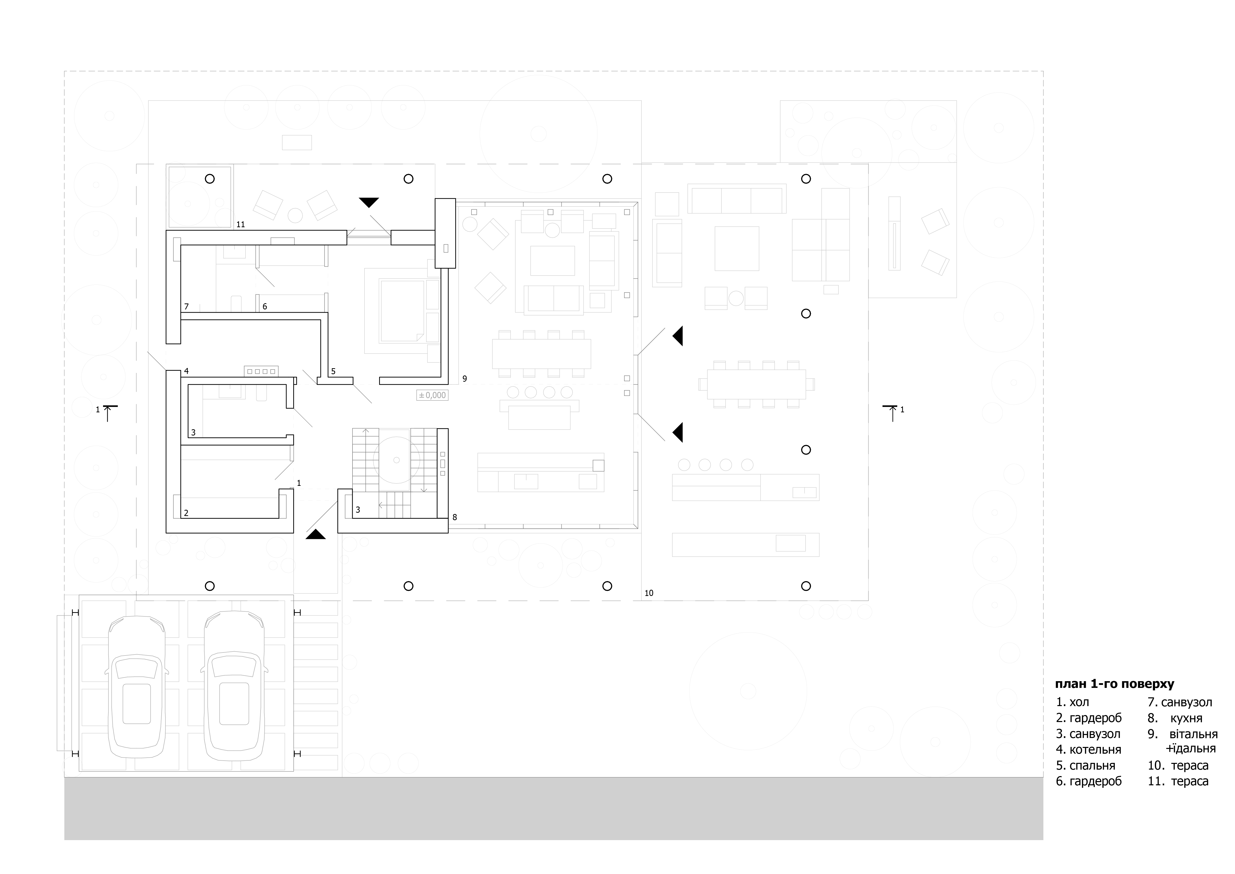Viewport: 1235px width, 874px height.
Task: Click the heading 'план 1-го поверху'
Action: (x=1115, y=684)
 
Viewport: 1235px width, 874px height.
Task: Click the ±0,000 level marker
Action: (x=432, y=395)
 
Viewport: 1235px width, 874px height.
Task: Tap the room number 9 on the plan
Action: (x=465, y=379)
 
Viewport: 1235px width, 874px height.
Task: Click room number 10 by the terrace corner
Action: (x=649, y=593)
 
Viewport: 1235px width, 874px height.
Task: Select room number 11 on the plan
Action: (x=240, y=224)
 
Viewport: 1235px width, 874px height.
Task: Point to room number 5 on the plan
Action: (x=334, y=371)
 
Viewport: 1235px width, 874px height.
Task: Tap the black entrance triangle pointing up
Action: (x=316, y=534)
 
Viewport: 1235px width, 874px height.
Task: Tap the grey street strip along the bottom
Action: (x=553, y=808)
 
